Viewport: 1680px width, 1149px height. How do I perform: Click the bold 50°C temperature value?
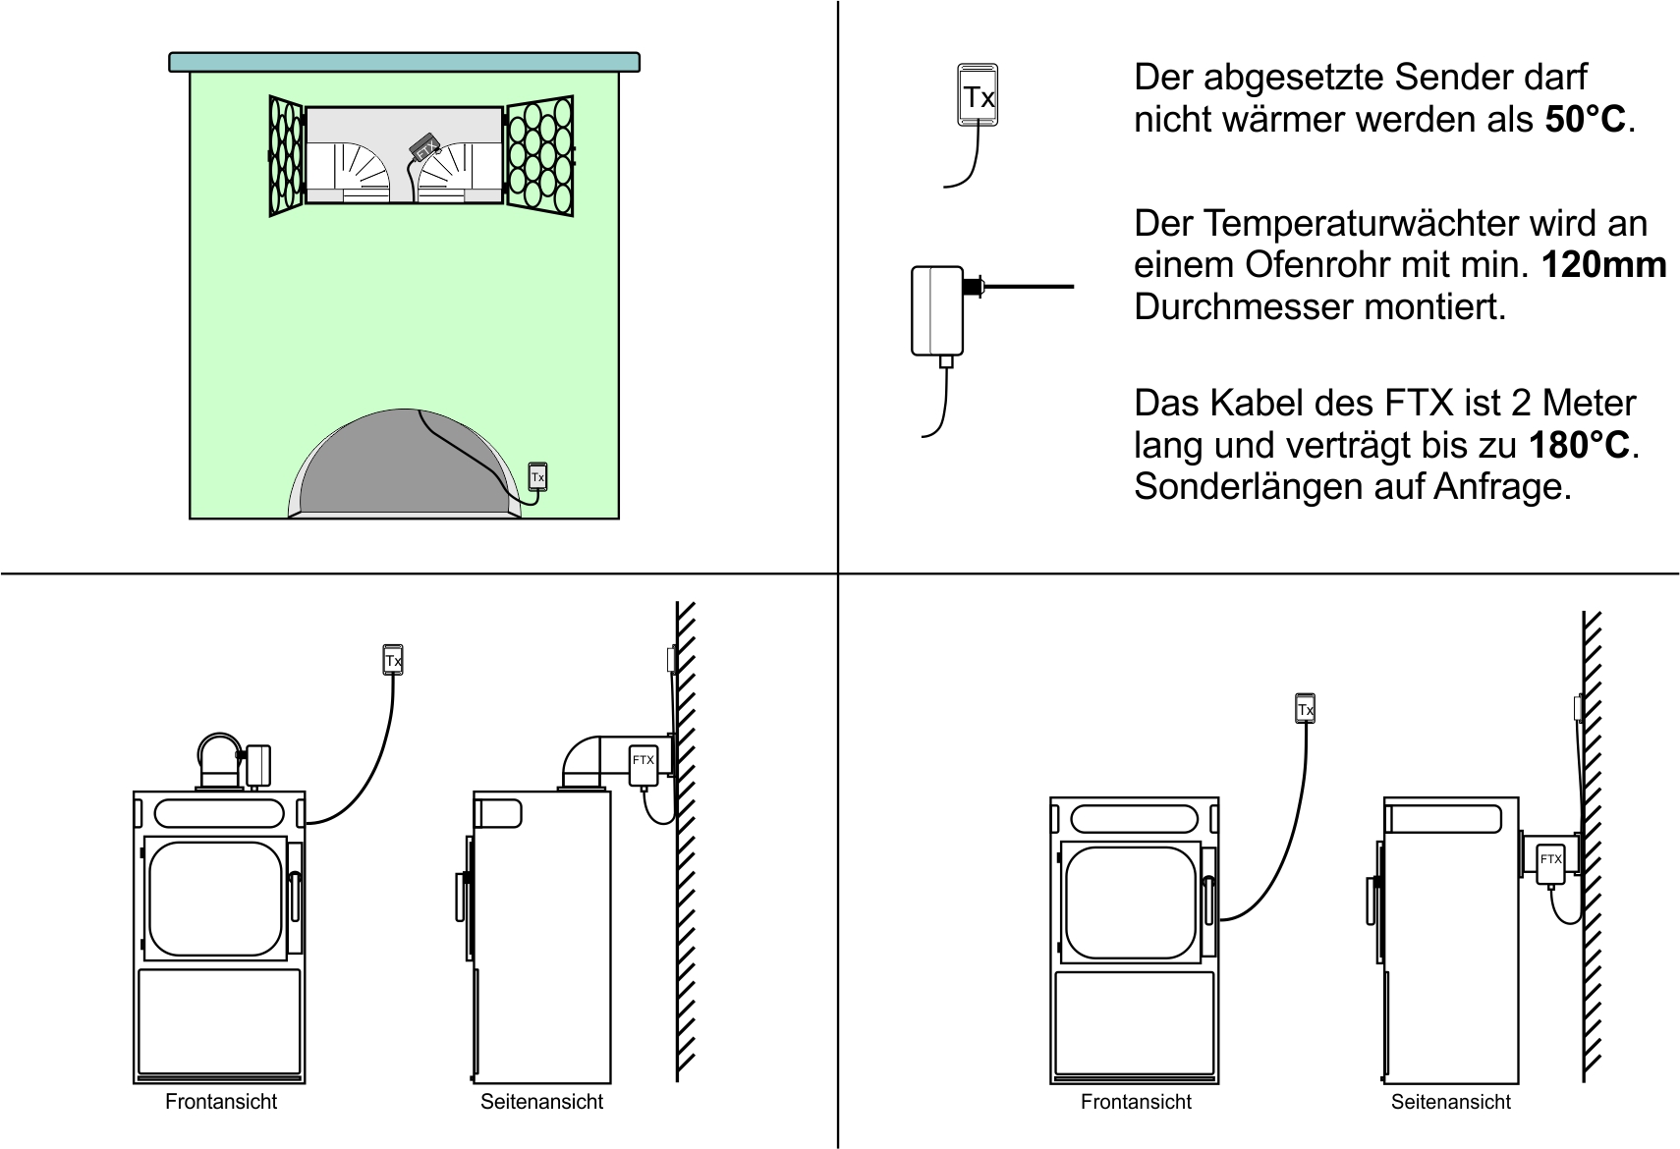tap(1585, 120)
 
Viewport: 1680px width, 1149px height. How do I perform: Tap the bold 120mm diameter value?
tap(1603, 265)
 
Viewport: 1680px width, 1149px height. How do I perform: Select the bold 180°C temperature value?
tap(1579, 445)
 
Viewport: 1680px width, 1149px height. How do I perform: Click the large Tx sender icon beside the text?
tap(978, 95)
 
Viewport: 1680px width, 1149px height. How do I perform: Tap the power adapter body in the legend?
tap(937, 309)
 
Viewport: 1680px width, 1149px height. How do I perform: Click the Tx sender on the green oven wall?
tap(537, 476)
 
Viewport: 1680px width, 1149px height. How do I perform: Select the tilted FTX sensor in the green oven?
tap(424, 148)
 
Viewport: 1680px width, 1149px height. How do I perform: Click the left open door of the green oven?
tap(286, 155)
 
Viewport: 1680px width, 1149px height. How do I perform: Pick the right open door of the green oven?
tap(539, 155)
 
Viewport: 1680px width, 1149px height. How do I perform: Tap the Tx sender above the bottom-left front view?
tap(393, 660)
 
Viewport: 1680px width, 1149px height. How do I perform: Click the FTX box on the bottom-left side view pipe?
tap(644, 764)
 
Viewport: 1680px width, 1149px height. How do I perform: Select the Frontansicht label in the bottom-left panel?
tap(221, 1102)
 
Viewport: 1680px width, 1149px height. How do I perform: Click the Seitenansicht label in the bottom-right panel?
tap(1450, 1102)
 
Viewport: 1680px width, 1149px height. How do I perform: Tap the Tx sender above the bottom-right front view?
tap(1305, 709)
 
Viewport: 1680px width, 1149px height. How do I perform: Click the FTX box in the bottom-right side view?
tap(1550, 862)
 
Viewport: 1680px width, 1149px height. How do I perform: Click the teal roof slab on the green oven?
tap(404, 62)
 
